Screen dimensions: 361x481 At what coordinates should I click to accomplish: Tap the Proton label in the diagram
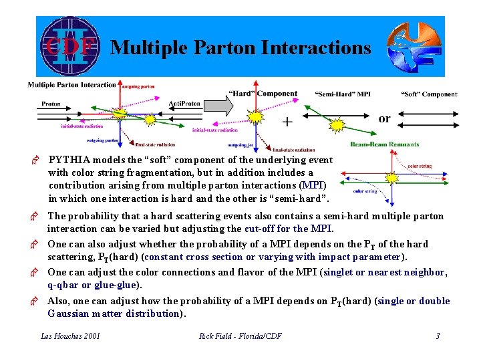[51, 104]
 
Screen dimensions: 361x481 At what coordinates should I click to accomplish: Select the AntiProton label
[184, 104]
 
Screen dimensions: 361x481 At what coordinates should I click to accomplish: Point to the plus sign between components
[287, 122]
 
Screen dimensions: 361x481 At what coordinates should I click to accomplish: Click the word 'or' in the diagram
[384, 118]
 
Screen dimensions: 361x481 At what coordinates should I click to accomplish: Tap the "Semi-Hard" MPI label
[343, 94]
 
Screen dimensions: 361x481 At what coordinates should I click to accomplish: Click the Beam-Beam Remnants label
[384, 144]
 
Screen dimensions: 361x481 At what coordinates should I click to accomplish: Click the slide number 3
[438, 336]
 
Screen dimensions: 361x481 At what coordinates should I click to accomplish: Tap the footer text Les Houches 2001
[70, 336]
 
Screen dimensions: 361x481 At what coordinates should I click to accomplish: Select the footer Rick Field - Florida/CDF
[240, 336]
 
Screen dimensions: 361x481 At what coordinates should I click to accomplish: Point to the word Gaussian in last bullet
[68, 313]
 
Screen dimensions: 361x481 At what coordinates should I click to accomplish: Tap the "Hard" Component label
[263, 94]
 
